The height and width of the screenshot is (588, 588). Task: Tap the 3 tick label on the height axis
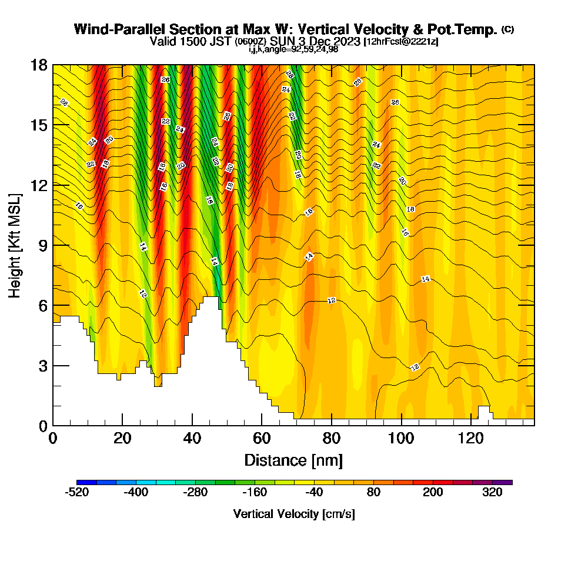tap(42, 366)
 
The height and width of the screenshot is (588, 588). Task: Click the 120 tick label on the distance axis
tap(471, 439)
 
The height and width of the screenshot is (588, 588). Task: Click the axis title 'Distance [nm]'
tap(293, 460)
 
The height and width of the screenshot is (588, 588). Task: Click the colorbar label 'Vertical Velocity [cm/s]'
tap(294, 514)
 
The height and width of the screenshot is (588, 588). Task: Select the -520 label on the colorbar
tap(76, 493)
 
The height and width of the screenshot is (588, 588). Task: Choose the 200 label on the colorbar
tap(433, 493)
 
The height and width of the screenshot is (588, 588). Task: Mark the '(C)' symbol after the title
tap(507, 29)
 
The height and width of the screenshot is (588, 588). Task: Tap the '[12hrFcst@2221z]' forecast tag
tap(401, 42)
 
